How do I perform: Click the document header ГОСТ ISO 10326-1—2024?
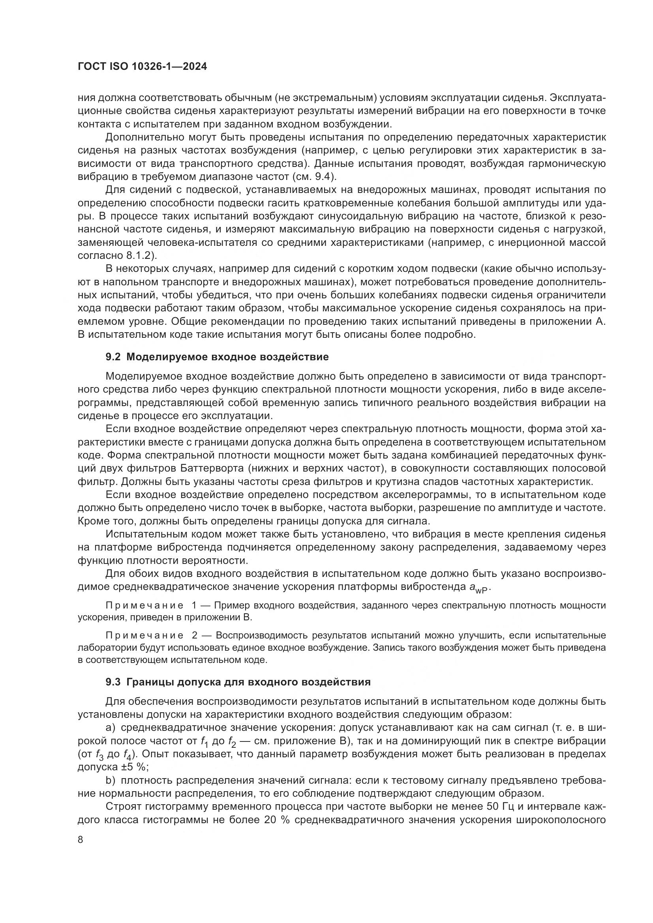click(142, 67)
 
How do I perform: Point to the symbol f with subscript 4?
click(126, 755)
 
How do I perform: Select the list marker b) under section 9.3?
click(110, 780)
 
